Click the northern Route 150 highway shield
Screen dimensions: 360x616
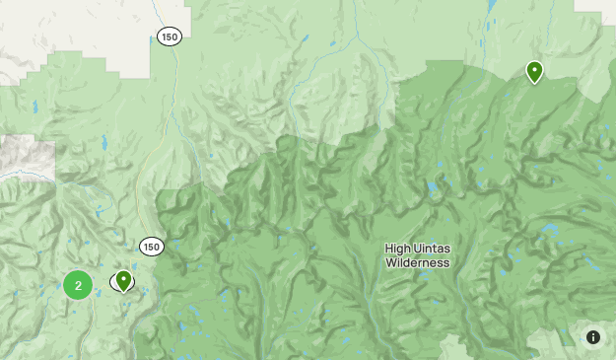[x=169, y=36]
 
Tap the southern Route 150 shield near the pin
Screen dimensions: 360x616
[x=151, y=246]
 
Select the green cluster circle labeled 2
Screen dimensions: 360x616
[x=78, y=285]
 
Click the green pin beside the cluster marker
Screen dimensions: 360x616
[x=123, y=281]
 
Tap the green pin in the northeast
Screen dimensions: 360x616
[x=534, y=71]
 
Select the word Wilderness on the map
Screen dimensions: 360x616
[x=417, y=263]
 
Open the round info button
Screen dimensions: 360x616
[x=593, y=337]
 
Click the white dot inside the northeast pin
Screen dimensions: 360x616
[x=534, y=69]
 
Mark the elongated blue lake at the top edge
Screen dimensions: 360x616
[x=491, y=6]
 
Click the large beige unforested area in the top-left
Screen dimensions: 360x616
[x=69, y=30]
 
